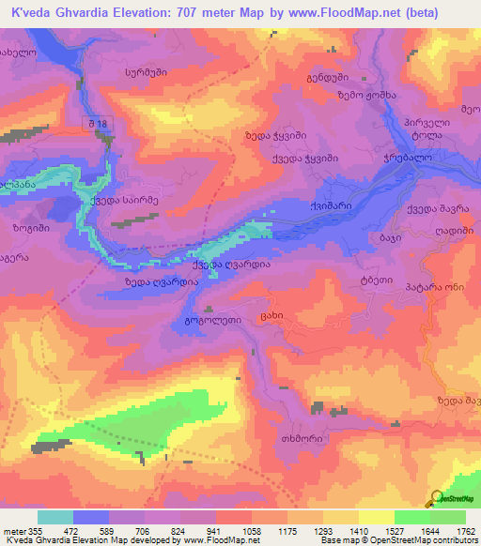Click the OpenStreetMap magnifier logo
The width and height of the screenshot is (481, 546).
tap(437, 497)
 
